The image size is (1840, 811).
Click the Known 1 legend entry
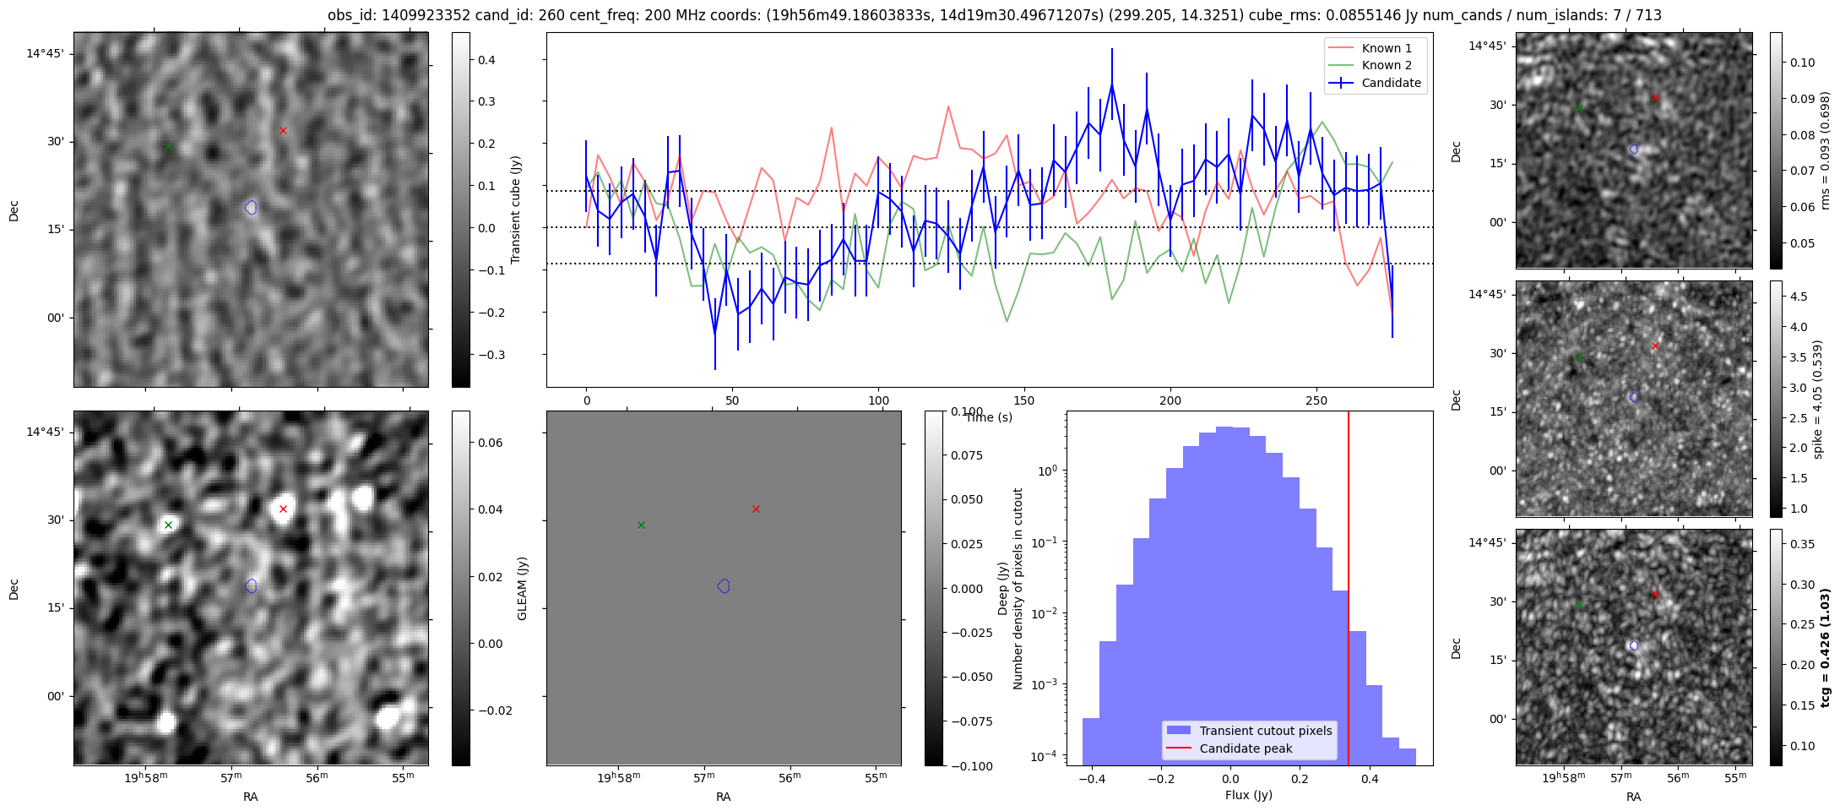pyautogui.click(x=1386, y=48)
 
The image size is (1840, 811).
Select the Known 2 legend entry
pyautogui.click(x=1386, y=65)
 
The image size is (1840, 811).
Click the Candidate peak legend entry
pyautogui.click(x=1246, y=748)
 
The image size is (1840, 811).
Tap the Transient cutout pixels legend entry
pyautogui.click(x=1265, y=731)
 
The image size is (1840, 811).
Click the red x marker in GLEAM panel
pyautogui.click(x=756, y=509)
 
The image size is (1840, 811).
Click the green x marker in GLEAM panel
pyautogui.click(x=641, y=525)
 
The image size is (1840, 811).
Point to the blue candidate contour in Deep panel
pyautogui.click(x=251, y=585)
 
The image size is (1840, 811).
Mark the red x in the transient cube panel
pyautogui.click(x=283, y=130)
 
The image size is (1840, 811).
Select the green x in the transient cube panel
pyautogui.click(x=168, y=147)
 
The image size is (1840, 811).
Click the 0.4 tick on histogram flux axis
pyautogui.click(x=1370, y=779)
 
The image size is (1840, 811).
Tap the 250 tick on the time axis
pyautogui.click(x=1316, y=400)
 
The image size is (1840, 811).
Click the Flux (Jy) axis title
pyautogui.click(x=1248, y=795)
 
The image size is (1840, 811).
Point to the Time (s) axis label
pyautogui.click(x=989, y=417)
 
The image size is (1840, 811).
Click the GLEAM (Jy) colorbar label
pyautogui.click(x=522, y=588)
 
